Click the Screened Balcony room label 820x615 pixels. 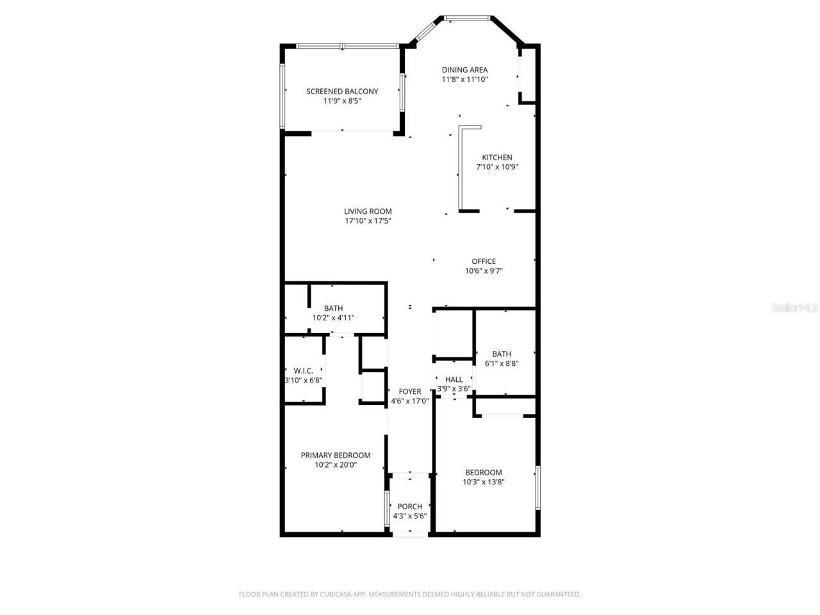click(x=342, y=91)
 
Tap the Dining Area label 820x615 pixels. click(x=464, y=70)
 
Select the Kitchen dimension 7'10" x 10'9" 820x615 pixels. click(x=496, y=167)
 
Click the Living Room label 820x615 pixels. click(x=368, y=211)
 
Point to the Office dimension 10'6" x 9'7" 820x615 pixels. click(x=484, y=271)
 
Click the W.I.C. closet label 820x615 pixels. click(x=303, y=370)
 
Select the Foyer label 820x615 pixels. click(x=410, y=391)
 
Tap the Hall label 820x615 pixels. click(x=454, y=379)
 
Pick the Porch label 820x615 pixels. click(x=410, y=507)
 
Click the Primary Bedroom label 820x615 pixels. click(x=336, y=455)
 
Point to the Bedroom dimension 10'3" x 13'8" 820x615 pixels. click(x=484, y=482)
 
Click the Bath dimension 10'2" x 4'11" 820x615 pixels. click(x=333, y=318)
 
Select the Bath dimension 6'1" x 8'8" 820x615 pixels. click(x=502, y=363)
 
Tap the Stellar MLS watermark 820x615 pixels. click(x=794, y=308)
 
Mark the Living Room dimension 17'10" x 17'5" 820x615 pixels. click(x=368, y=221)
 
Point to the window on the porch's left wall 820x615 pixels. click(x=386, y=509)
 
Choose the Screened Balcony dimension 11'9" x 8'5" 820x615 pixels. click(x=342, y=101)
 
